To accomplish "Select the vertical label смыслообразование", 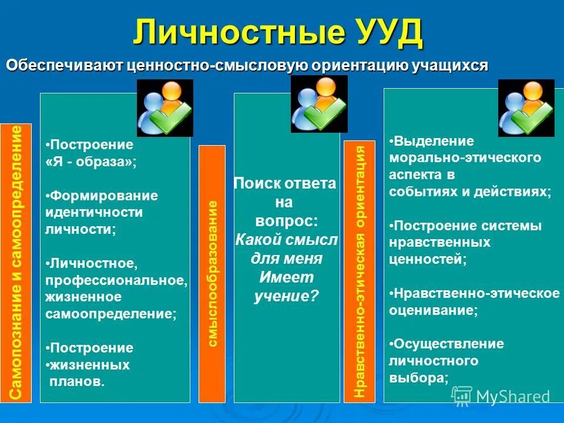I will point(212,274).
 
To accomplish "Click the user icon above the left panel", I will point(165,108).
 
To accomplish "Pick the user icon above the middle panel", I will point(319,103).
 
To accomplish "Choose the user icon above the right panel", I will point(526,108).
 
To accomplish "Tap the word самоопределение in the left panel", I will point(110,314).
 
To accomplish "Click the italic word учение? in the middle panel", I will point(286,296).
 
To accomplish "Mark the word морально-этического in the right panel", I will point(465,158).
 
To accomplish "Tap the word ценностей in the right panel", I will point(427,259).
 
